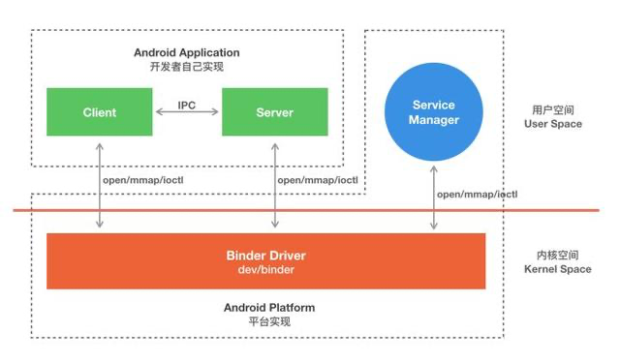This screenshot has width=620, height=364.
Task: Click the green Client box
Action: [99, 112]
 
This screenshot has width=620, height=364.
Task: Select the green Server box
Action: [274, 112]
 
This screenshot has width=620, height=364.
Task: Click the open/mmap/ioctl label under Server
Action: [317, 180]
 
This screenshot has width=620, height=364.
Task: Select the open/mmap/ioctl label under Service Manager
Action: [477, 195]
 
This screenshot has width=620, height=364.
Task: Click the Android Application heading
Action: [187, 52]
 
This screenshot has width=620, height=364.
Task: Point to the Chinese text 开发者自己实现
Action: [187, 67]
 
